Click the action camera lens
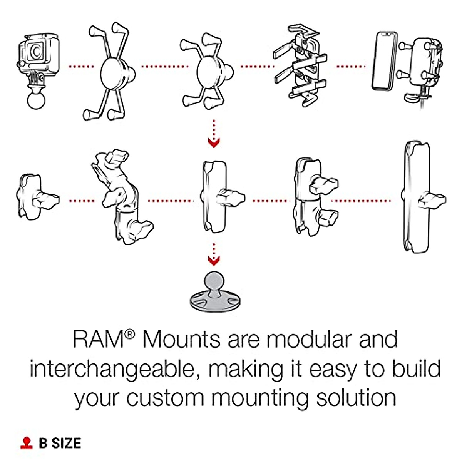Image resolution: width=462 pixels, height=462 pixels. click(36, 52)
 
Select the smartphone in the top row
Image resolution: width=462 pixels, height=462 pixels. click(384, 61)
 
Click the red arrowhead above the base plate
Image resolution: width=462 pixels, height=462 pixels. click(214, 261)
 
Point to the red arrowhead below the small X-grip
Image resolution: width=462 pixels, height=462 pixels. click(214, 143)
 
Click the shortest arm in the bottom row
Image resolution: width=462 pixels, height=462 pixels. click(37, 197)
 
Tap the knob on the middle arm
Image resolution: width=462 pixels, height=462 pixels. click(231, 198)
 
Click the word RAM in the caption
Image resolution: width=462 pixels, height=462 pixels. click(99, 339)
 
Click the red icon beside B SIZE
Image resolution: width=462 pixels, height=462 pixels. click(27, 443)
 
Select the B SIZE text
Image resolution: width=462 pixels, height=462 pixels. click(60, 443)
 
